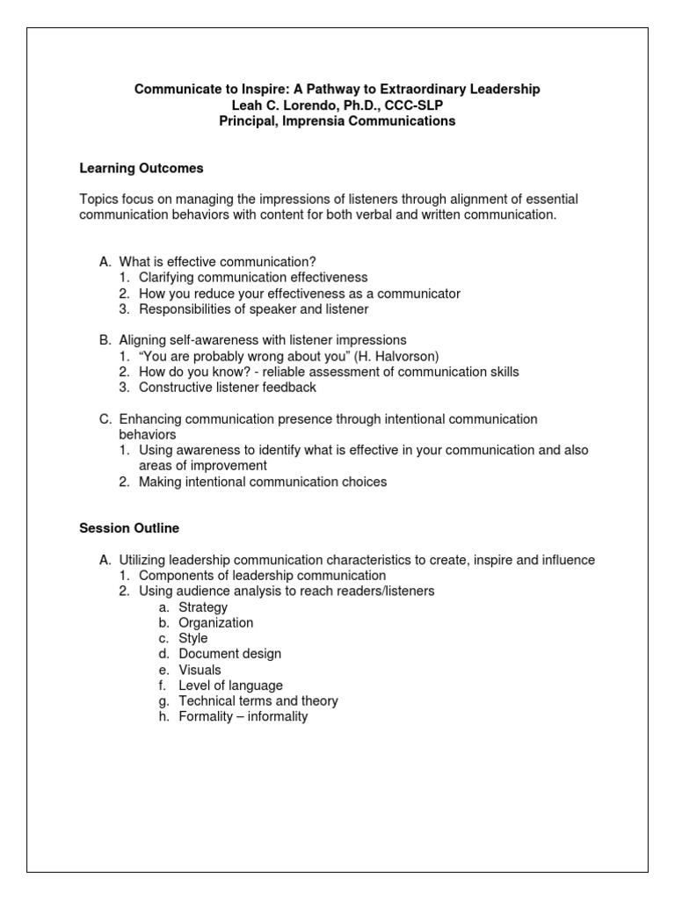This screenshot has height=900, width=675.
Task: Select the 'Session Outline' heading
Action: [x=129, y=528]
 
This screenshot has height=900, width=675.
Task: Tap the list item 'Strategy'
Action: [x=203, y=607]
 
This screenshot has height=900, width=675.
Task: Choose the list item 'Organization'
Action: [x=215, y=623]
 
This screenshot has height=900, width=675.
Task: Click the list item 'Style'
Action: [x=193, y=639]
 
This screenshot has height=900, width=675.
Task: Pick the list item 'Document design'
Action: [x=230, y=655]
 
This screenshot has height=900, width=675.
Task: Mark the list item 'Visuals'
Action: [x=200, y=671]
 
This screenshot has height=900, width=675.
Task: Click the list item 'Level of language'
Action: [x=230, y=686]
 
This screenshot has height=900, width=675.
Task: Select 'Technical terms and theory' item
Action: [x=258, y=701]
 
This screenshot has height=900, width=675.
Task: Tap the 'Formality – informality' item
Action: [x=243, y=717]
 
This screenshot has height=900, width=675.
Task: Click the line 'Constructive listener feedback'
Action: [x=228, y=388]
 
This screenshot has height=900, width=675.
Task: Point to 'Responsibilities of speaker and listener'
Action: [x=254, y=309]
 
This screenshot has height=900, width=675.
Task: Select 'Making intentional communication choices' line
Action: [x=263, y=482]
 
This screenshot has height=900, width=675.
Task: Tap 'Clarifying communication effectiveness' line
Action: [x=253, y=278]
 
